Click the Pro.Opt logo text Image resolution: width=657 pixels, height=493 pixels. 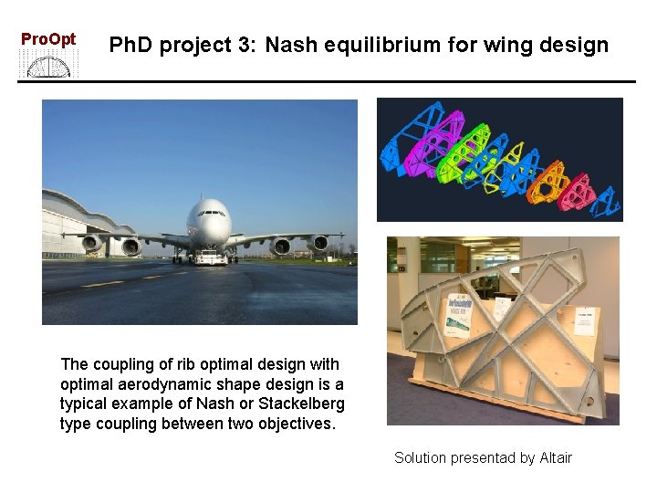tap(48, 39)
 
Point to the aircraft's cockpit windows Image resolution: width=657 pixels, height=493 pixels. tap(209, 211)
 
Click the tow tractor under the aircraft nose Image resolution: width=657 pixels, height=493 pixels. tap(211, 257)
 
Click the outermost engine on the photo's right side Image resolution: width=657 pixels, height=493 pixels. tap(319, 243)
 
